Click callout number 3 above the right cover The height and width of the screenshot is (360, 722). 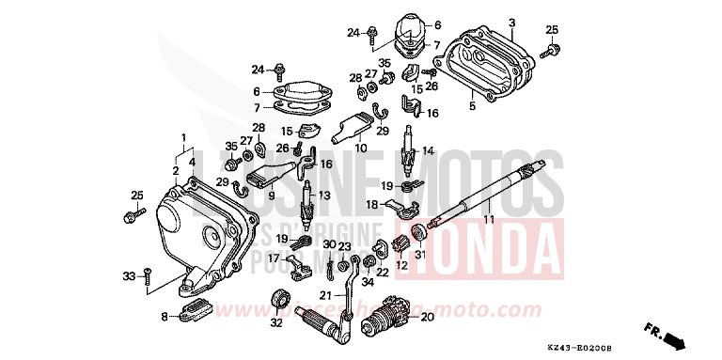512,22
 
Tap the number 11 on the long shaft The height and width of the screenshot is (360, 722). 488,219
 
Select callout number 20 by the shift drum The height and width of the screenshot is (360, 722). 428,317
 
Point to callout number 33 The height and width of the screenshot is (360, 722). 130,275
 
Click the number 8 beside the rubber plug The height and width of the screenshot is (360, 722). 165,317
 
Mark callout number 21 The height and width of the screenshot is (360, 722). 323,295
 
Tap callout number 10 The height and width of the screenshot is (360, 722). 359,148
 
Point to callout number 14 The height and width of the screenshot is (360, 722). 428,150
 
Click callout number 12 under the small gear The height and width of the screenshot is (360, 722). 400,266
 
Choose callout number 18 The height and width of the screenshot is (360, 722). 372,203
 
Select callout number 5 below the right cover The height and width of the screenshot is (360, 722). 472,107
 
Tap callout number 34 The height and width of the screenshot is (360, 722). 368,279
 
